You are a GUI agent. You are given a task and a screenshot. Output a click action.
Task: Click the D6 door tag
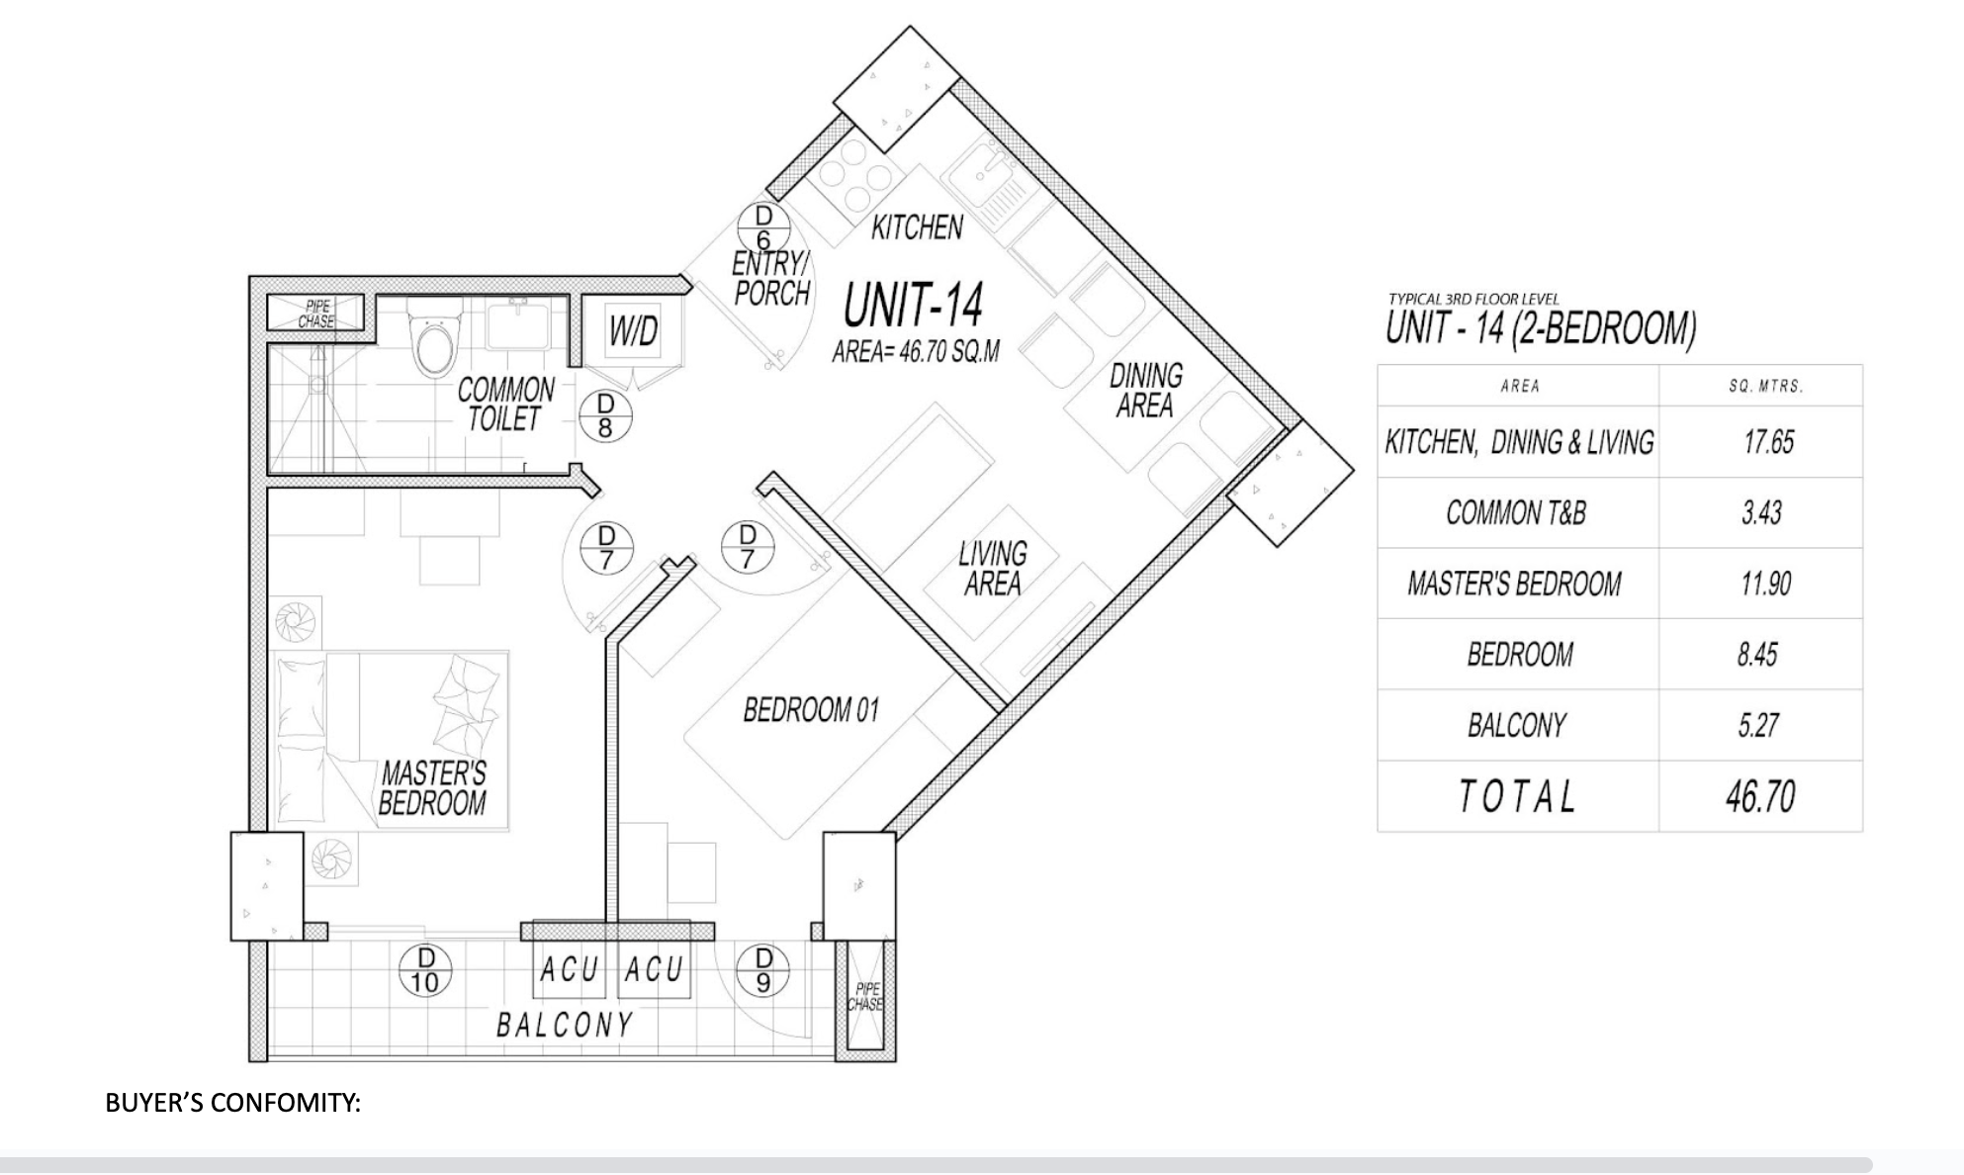pyautogui.click(x=763, y=228)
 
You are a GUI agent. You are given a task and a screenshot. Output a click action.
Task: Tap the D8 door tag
pyautogui.click(x=605, y=416)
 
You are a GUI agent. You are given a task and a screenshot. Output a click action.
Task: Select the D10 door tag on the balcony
pyautogui.click(x=425, y=969)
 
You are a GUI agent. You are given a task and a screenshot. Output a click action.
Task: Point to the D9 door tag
pyautogui.click(x=763, y=969)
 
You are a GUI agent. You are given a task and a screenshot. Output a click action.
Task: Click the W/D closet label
pyautogui.click(x=633, y=332)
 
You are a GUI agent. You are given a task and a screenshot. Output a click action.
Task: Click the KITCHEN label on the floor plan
pyautogui.click(x=917, y=228)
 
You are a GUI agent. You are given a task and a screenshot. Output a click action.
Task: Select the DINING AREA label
pyautogui.click(x=1145, y=390)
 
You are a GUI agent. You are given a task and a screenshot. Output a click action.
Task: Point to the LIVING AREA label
pyautogui.click(x=992, y=569)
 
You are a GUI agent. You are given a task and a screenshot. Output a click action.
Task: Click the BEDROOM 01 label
pyautogui.click(x=811, y=710)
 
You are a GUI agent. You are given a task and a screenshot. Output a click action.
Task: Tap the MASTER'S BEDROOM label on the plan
pyautogui.click(x=433, y=787)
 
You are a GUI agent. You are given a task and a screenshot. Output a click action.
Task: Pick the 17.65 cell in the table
pyautogui.click(x=1769, y=442)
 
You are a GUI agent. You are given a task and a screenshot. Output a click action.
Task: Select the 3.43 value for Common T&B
pyautogui.click(x=1761, y=513)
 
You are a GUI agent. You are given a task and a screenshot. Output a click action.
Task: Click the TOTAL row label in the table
pyautogui.click(x=1517, y=796)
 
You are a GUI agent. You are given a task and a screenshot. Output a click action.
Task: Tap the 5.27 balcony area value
pyautogui.click(x=1758, y=726)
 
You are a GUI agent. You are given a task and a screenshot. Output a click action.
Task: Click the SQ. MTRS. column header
pyautogui.click(x=1766, y=387)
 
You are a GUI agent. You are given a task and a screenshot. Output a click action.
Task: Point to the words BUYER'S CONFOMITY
pyautogui.click(x=232, y=1103)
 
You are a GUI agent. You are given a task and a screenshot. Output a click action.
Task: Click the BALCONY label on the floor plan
pyautogui.click(x=565, y=1026)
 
